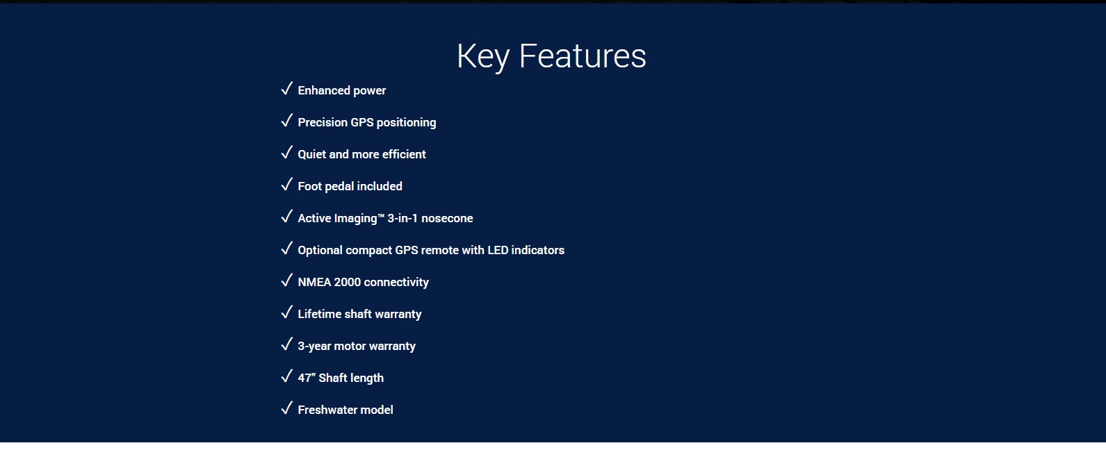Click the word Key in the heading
[x=483, y=57]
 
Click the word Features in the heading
[x=583, y=56]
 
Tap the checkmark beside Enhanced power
[x=287, y=89]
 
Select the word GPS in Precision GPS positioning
[x=362, y=122]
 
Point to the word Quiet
[x=312, y=154]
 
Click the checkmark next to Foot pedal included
[x=287, y=185]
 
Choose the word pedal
[x=339, y=187]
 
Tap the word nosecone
[x=447, y=219]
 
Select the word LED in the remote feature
[x=498, y=250]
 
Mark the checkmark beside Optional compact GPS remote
[x=287, y=249]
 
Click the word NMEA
[x=314, y=282]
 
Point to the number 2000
[x=347, y=282]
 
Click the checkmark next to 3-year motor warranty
[x=287, y=344]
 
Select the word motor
[x=350, y=347]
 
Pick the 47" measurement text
[x=307, y=378]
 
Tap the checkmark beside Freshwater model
[x=287, y=408]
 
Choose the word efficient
[x=404, y=154]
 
